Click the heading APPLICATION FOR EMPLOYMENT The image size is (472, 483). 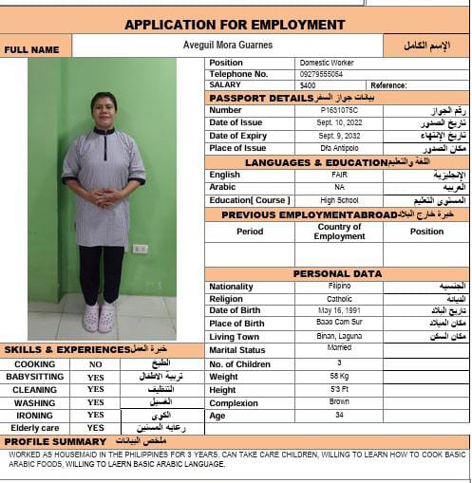pos(235,25)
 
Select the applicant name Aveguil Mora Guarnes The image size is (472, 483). pos(227,45)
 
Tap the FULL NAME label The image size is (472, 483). pos(31,49)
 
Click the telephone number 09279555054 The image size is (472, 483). pos(321,73)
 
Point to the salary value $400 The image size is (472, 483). pos(308,84)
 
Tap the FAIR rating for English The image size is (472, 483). pos(339,175)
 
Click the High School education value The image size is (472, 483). pos(339,200)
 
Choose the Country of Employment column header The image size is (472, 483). pos(339,231)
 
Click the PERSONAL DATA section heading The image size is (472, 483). pos(336,273)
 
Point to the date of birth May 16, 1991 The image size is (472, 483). pos(339,310)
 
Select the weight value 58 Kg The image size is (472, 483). pos(339,377)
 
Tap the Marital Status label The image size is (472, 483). pos(237,350)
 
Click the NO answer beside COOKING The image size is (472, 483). pos(95,364)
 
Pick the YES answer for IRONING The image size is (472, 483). pos(95,415)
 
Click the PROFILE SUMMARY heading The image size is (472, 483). pos(55,442)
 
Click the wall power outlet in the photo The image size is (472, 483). pos(140,249)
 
